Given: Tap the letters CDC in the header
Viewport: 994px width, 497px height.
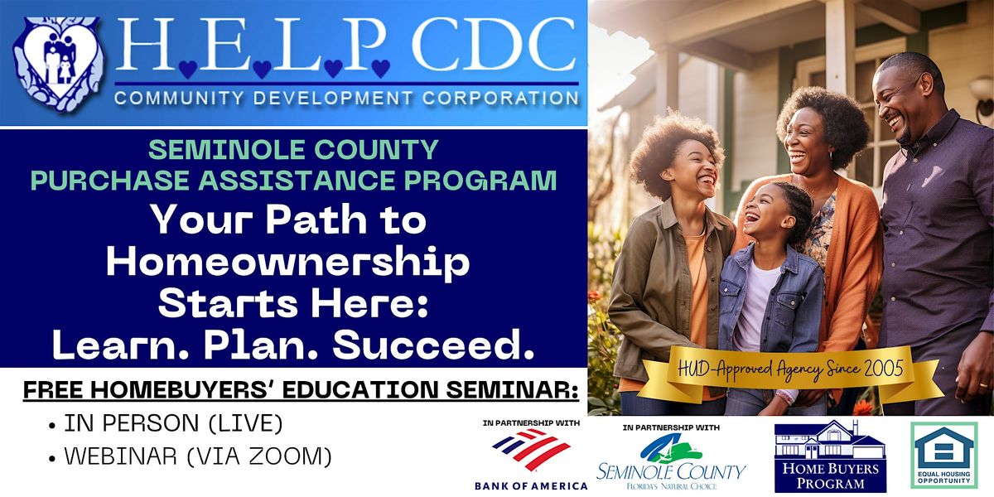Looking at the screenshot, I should point(495,46).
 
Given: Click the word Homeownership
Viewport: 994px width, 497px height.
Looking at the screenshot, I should point(288,263).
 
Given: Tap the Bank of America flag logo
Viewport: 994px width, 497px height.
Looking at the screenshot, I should point(531,449).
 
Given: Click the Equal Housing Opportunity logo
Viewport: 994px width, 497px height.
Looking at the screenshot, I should point(943,456).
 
